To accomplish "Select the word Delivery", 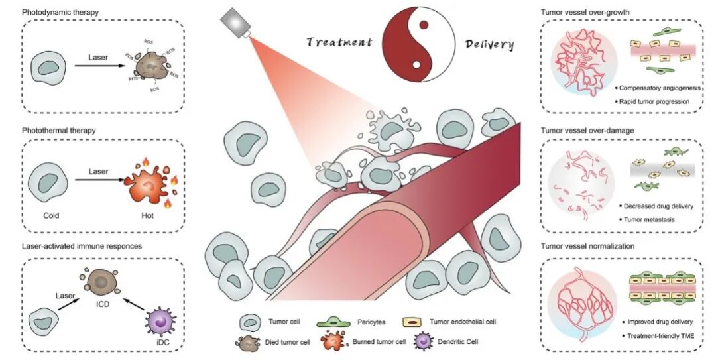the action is point(489,44).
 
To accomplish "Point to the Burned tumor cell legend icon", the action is point(331,343).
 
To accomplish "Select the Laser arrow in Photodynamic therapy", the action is point(97,67).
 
